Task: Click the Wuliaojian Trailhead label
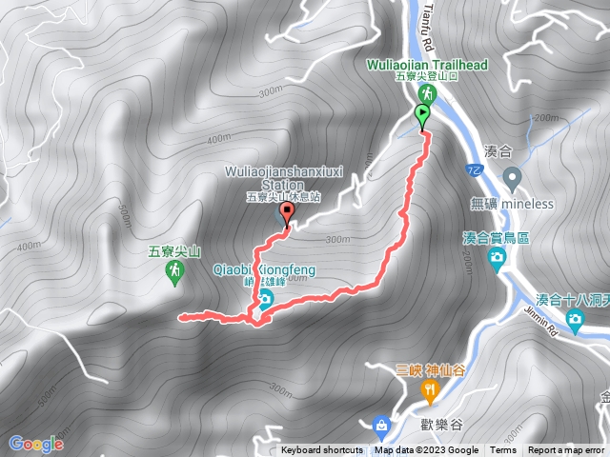(428, 65)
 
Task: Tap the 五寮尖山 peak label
(175, 252)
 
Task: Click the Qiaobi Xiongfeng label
(265, 269)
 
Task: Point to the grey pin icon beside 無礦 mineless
(512, 176)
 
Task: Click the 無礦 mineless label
(512, 203)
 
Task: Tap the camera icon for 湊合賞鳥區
(498, 257)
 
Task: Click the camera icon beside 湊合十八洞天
(575, 318)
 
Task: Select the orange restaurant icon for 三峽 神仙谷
(430, 388)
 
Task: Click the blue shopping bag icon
(381, 424)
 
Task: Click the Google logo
(36, 444)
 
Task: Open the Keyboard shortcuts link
(321, 450)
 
